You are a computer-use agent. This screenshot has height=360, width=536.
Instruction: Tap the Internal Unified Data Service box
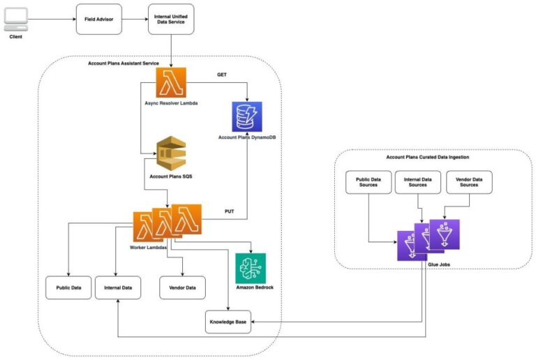pos(171,19)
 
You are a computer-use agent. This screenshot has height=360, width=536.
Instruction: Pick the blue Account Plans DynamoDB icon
pos(246,117)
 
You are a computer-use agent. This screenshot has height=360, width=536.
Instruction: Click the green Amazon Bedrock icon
pos(250,268)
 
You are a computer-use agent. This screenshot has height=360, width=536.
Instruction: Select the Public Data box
pos(68,287)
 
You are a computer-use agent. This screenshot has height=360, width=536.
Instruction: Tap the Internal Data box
pos(118,287)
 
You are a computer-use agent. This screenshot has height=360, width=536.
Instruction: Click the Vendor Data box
pos(182,287)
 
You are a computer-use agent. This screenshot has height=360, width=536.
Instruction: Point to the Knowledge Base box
pos(228,322)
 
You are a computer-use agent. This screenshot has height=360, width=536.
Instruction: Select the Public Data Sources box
pos(368,182)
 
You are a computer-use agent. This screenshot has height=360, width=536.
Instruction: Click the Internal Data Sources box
pos(417,182)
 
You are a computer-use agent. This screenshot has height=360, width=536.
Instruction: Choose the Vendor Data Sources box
pos(468,182)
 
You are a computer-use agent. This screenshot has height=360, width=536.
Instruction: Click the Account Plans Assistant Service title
pos(124,63)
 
